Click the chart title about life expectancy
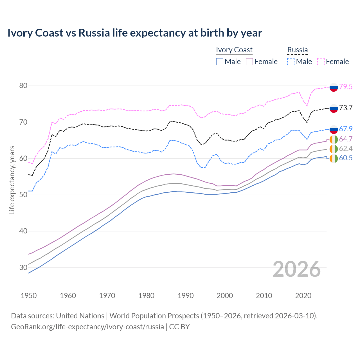click(135, 33)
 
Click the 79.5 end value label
click(346, 87)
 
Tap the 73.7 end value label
click(346, 108)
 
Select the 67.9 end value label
click(346, 129)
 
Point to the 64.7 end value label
click(346, 139)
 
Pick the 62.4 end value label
click(346, 148)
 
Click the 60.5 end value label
click(346, 158)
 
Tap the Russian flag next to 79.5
click(334, 87)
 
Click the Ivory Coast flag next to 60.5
click(334, 158)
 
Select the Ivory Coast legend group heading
click(234, 50)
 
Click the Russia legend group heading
click(297, 50)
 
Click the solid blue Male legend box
click(220, 62)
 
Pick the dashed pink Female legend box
click(321, 62)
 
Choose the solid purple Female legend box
click(249, 62)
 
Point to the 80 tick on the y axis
click(23, 85)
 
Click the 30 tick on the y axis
click(23, 267)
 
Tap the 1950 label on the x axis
click(29, 296)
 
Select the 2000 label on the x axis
click(225, 296)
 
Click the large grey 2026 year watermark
click(297, 269)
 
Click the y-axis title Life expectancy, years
click(12, 180)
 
